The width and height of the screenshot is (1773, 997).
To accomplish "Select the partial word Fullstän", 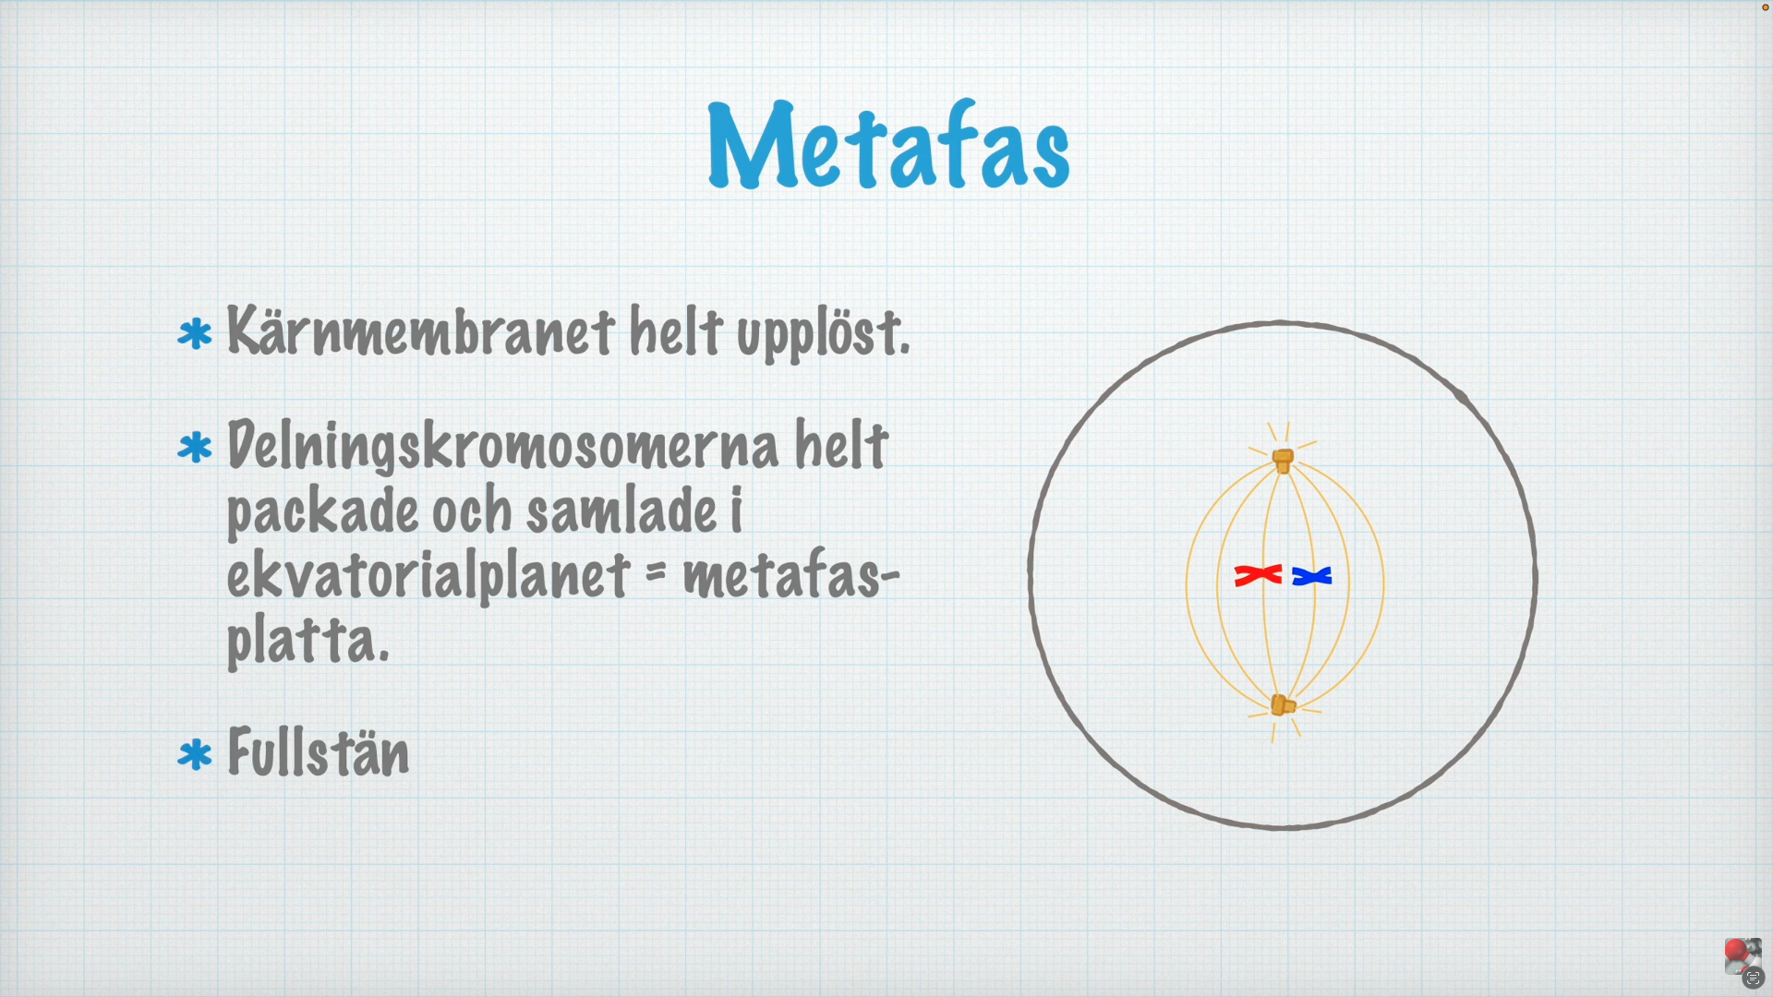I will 318,752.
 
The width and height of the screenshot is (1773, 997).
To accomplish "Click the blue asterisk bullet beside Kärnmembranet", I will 195,334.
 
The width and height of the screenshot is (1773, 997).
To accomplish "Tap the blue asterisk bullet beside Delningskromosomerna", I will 195,448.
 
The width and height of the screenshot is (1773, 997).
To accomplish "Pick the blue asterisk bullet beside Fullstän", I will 195,754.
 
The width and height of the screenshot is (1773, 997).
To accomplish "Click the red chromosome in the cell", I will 1258,575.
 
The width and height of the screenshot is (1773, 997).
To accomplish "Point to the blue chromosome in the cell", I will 1311,576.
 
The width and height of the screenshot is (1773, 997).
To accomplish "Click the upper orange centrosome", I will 1283,460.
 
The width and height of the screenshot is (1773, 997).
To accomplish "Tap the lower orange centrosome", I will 1282,705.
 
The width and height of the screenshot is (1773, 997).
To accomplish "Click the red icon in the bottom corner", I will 1737,952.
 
